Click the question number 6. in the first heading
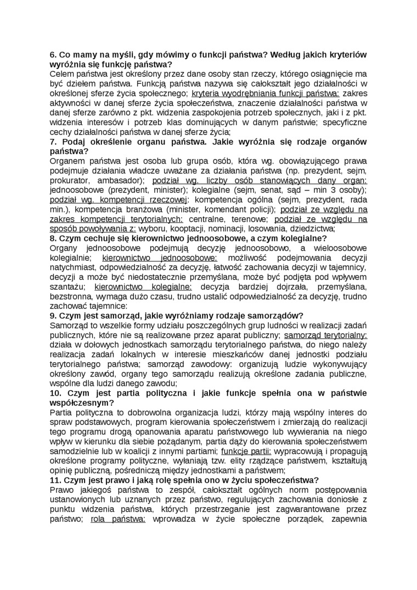[54, 55]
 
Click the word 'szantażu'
[70, 286]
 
